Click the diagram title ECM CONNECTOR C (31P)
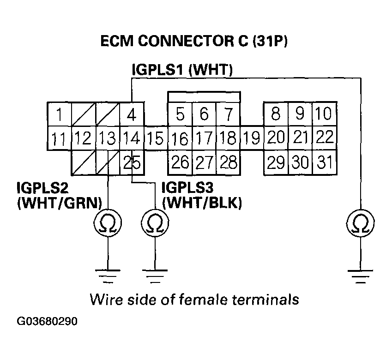194,42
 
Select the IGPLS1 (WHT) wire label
182,70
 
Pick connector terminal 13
108,138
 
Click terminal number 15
156,138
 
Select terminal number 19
252,138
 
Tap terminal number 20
276,138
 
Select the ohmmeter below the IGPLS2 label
108,224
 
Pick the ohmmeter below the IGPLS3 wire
154,224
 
